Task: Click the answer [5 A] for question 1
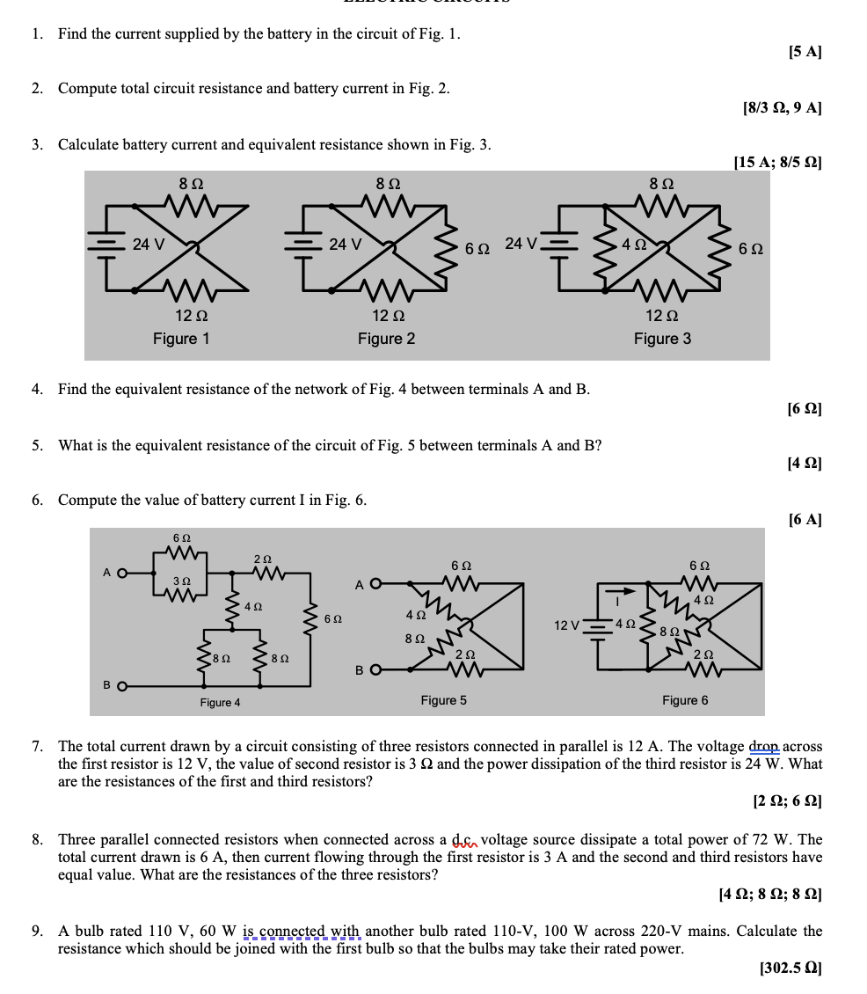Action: click(805, 52)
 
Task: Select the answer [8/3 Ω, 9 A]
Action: click(782, 108)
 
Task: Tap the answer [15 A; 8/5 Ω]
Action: click(777, 162)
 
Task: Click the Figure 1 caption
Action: click(181, 339)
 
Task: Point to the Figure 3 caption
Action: click(662, 339)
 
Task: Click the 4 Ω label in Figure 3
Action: click(634, 245)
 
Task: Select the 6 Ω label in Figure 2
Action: click(477, 248)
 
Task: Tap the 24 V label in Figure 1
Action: click(148, 244)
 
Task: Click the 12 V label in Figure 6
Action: click(566, 625)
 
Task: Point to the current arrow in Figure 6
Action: click(621, 591)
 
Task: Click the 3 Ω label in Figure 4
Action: click(181, 581)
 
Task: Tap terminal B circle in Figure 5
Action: click(375, 670)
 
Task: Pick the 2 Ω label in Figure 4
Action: click(262, 559)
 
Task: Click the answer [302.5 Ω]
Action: click(790, 968)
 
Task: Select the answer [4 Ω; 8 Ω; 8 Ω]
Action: click(770, 895)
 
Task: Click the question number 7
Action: click(37, 747)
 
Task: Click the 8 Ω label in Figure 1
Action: click(191, 184)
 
